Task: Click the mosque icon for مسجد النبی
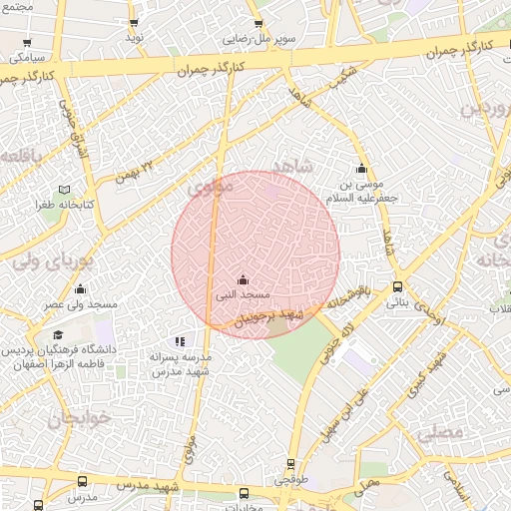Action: [x=243, y=279]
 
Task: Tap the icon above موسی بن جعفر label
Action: [x=361, y=168]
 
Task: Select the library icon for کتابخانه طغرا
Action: [x=65, y=189]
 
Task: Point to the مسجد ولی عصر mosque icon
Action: [x=80, y=286]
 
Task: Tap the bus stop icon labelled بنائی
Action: [x=397, y=286]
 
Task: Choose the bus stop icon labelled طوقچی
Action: [x=290, y=464]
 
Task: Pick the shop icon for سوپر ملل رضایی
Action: [x=258, y=24]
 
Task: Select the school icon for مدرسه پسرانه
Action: [x=180, y=342]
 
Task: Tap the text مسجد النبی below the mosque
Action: [x=238, y=295]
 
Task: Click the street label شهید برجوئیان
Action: [x=266, y=317]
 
